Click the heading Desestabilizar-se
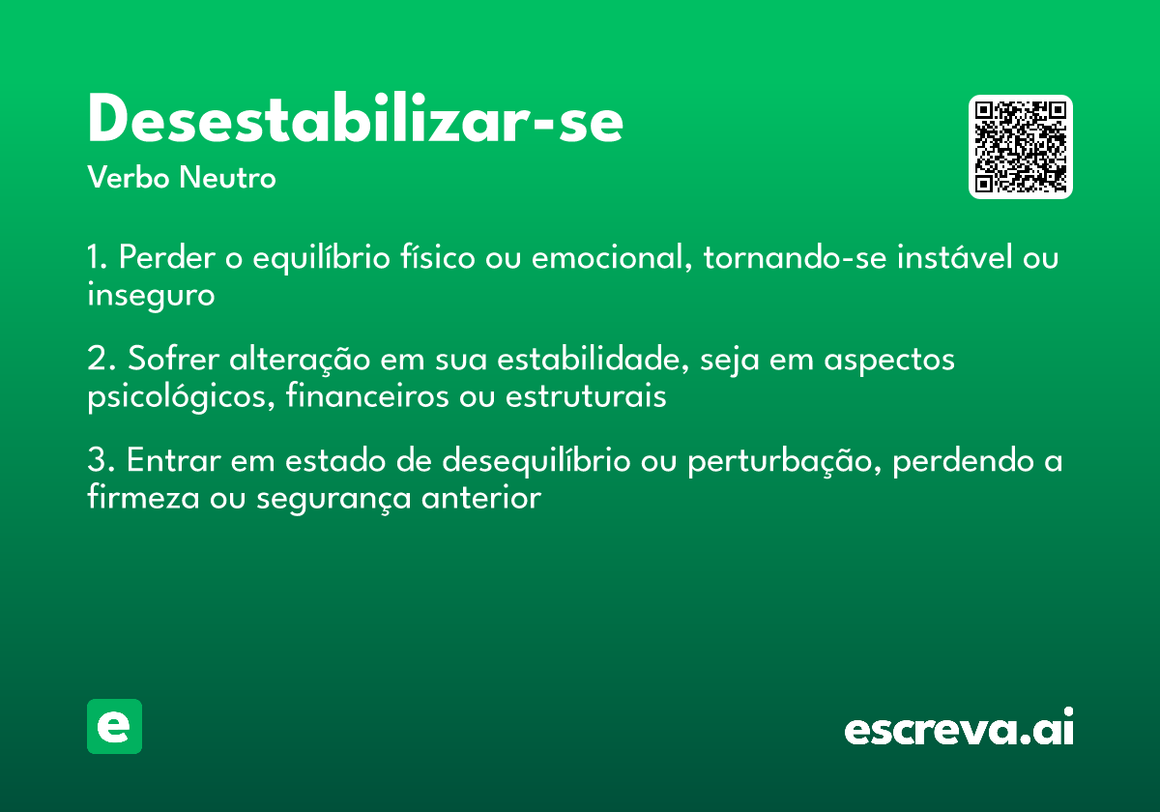(x=355, y=121)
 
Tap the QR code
(x=1021, y=147)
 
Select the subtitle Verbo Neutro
(x=182, y=178)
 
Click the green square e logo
(x=114, y=726)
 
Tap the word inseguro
(x=151, y=295)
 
